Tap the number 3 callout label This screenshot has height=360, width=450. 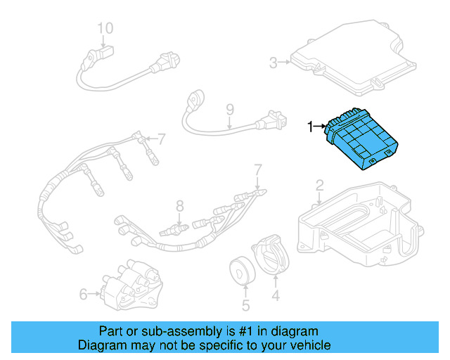point(274,63)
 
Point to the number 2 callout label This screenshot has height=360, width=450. point(319,186)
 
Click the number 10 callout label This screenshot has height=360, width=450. point(105,29)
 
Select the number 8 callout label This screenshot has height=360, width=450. point(179,206)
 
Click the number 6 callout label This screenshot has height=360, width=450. point(83,294)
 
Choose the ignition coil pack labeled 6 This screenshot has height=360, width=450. point(130,285)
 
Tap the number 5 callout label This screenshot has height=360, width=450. point(245,306)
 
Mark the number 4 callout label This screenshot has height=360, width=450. point(276,296)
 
